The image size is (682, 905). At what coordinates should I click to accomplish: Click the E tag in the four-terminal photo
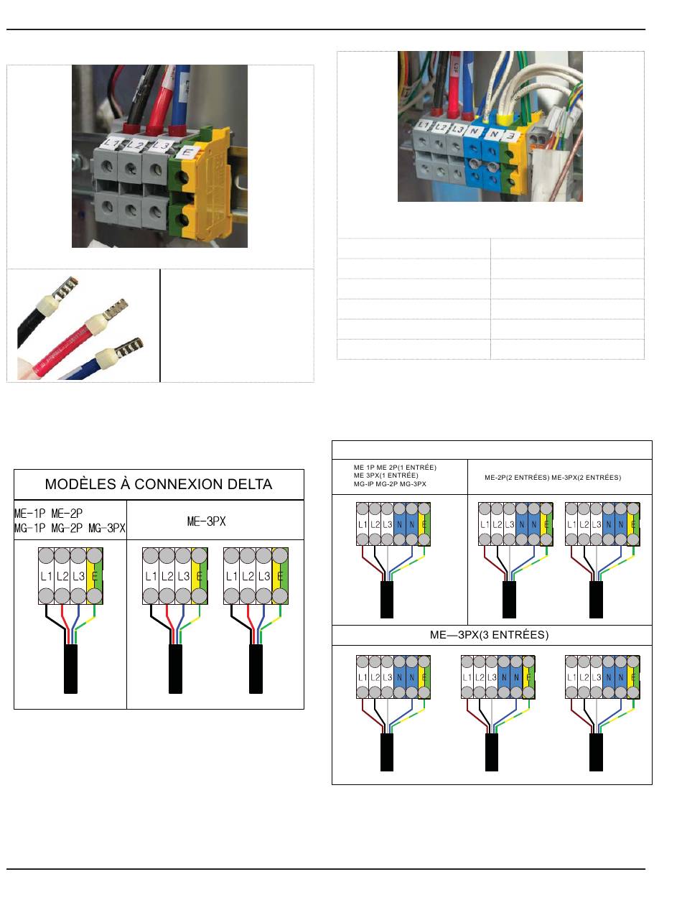tap(187, 152)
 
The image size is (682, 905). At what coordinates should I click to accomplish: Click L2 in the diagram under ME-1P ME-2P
tap(62, 576)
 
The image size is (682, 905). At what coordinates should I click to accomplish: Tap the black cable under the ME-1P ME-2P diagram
tap(70, 669)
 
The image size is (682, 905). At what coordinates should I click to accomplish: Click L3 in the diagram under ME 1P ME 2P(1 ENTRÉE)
tap(388, 524)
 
